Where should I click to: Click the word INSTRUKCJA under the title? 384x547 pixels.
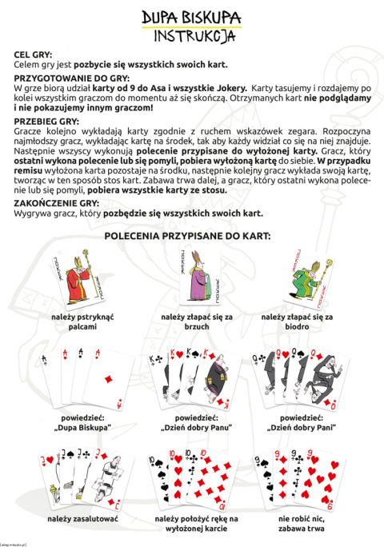[191, 36]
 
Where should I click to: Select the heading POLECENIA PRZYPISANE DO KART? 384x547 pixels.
[191, 237]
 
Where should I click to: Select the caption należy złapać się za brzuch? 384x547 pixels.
[192, 321]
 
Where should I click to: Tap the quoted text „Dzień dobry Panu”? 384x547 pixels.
[192, 427]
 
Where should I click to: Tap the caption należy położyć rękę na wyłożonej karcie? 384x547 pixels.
[192, 523]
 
